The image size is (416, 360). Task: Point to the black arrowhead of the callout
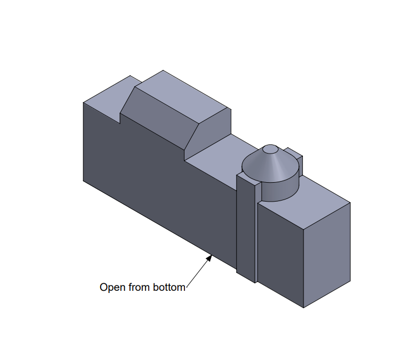[x=209, y=258]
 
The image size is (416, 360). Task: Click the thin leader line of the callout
[x=198, y=272]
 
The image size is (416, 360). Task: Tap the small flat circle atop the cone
[x=270, y=149]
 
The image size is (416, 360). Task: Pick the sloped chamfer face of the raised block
[x=160, y=119]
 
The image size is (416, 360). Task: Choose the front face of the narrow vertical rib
[x=246, y=228]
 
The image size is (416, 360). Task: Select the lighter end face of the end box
[x=327, y=255]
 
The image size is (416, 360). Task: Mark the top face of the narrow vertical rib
[x=249, y=178]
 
